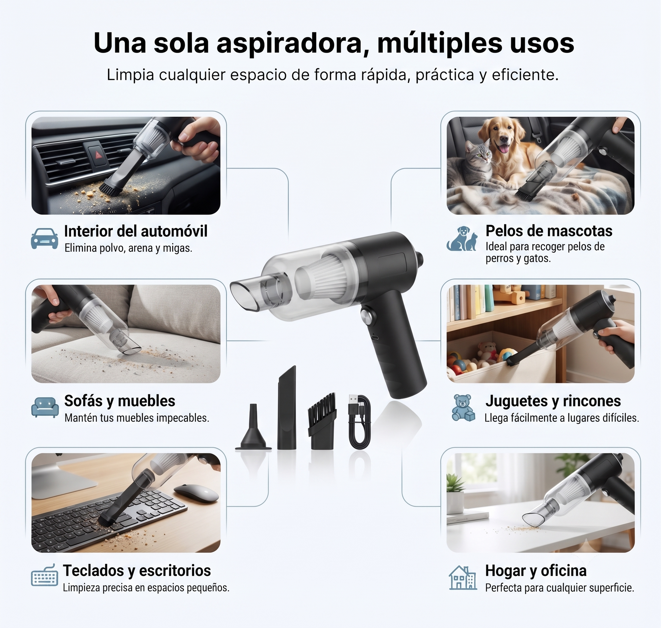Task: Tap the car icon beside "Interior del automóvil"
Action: click(x=44, y=238)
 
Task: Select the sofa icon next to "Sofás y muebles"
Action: click(x=45, y=407)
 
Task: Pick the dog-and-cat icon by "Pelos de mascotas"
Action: click(x=461, y=238)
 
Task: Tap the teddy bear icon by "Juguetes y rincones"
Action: click(x=463, y=408)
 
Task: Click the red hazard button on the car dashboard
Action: click(x=98, y=155)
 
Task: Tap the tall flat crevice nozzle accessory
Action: click(x=287, y=408)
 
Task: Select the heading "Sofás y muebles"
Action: click(x=120, y=401)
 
